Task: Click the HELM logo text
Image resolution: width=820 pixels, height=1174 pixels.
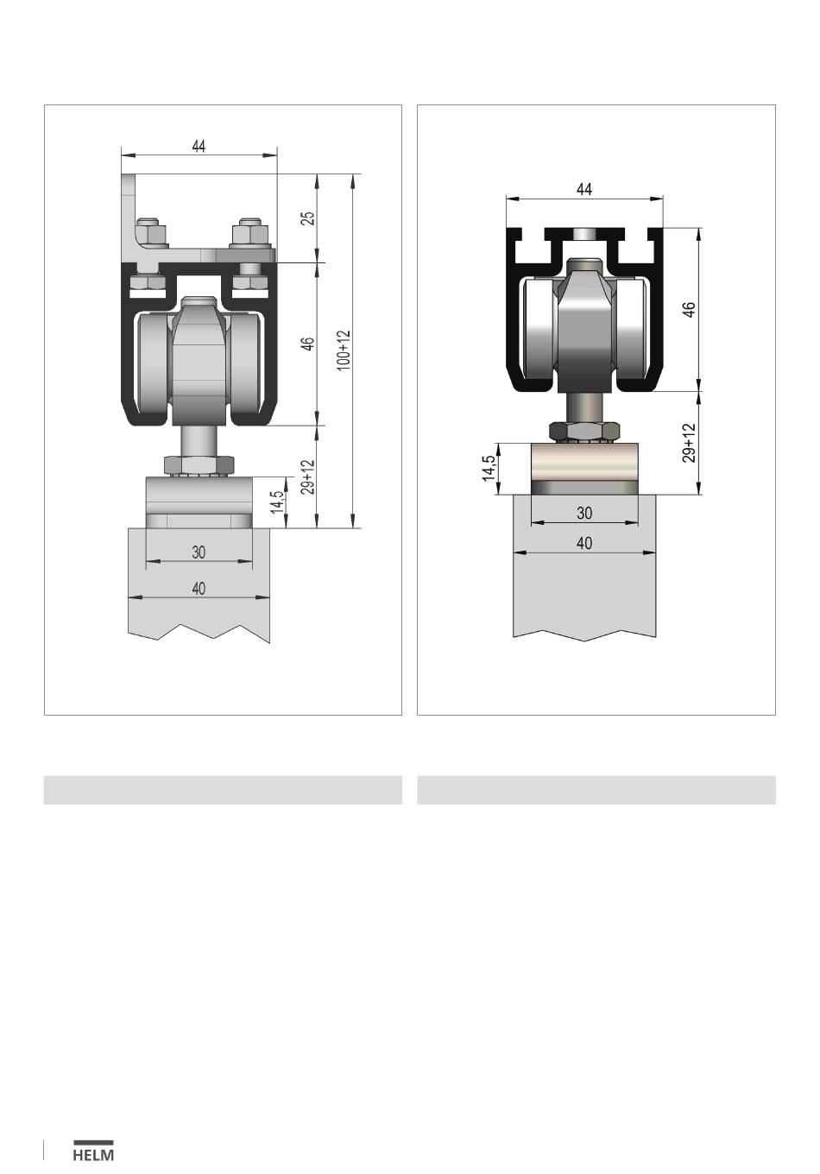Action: point(93,1155)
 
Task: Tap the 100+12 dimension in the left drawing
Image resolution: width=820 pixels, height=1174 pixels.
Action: point(344,350)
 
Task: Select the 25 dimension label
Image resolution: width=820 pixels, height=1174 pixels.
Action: point(309,218)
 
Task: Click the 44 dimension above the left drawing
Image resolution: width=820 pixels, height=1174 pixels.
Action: point(199,146)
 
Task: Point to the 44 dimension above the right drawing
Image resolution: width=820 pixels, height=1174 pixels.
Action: point(584,189)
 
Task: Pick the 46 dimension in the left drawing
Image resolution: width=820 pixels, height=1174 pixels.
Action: point(309,344)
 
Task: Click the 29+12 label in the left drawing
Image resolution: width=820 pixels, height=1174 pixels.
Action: point(309,477)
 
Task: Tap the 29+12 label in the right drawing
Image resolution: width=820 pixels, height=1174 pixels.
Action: point(689,443)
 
